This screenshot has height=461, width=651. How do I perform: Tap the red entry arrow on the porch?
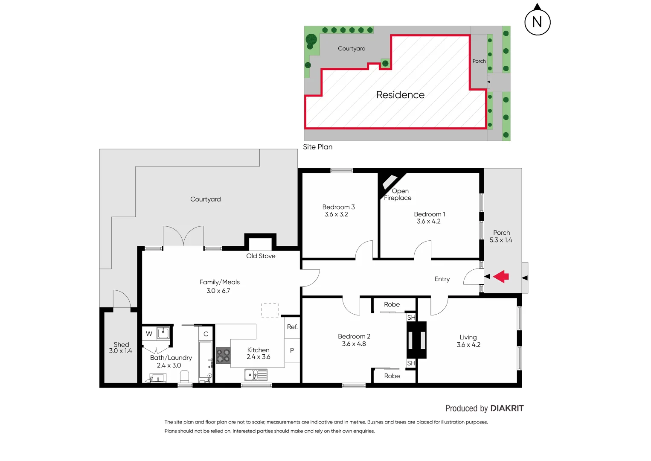coord(501,277)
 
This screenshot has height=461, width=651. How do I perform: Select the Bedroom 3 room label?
coord(338,207)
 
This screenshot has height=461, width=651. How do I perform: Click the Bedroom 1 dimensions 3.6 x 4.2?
coord(428,222)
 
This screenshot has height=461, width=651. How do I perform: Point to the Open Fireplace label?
coord(398,195)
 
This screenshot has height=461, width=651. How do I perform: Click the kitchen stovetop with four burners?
coord(223,356)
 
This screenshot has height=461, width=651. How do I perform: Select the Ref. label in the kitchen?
coord(292,327)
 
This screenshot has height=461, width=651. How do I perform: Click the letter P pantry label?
coord(292,350)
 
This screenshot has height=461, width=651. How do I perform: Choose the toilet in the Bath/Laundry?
coord(184,377)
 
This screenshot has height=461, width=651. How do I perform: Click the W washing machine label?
coord(149,334)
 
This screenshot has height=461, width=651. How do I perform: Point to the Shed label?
coord(121,344)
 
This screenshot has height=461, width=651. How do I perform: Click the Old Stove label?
coord(261,256)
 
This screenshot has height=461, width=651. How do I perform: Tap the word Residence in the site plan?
coord(400,95)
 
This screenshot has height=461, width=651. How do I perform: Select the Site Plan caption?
coord(317,147)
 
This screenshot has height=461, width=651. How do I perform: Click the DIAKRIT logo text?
coord(507,408)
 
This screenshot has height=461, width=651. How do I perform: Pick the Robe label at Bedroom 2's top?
coord(392,305)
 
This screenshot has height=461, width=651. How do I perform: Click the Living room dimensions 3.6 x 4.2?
coord(468,345)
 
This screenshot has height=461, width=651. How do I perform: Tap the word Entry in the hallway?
coord(442,279)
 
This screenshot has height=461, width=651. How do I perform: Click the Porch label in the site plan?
coord(479,61)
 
